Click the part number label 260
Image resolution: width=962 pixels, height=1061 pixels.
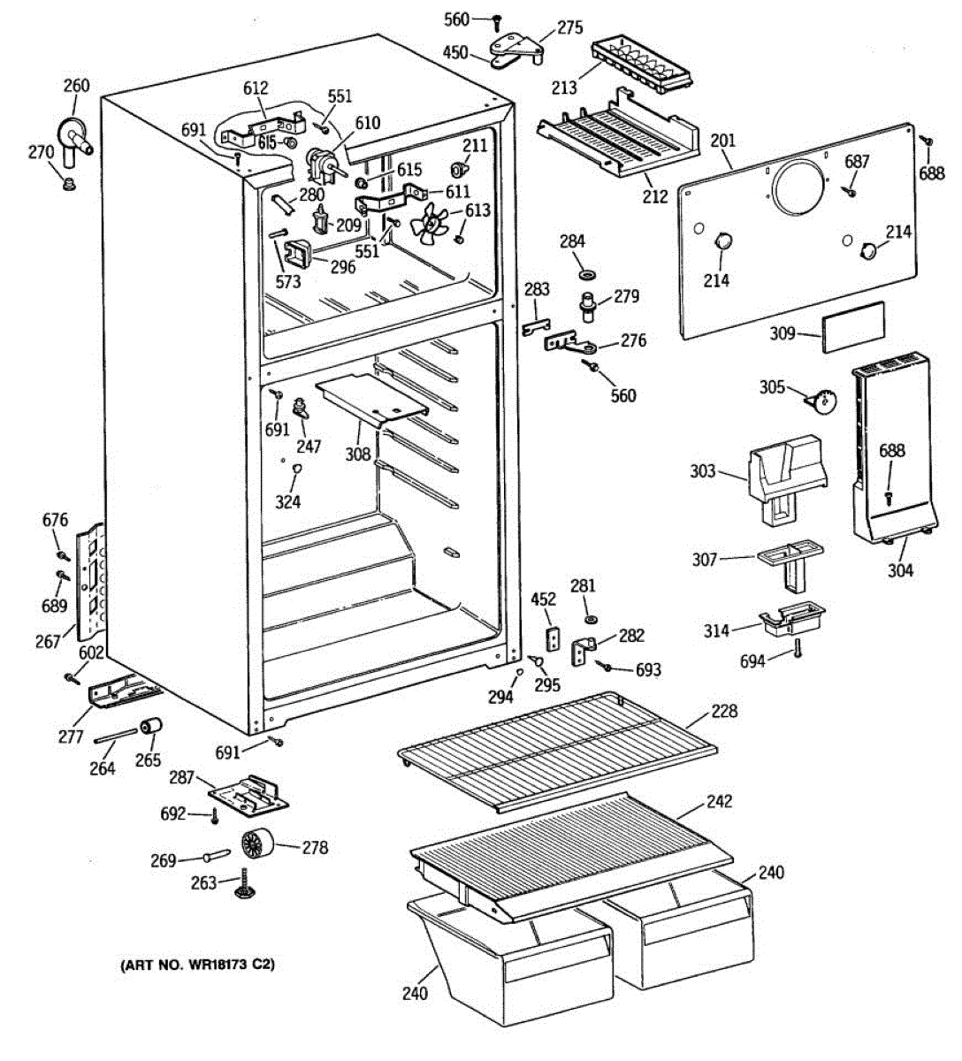click(77, 86)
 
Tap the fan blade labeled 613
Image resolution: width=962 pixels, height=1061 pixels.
click(430, 225)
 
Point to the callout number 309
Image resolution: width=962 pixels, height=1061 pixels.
click(783, 333)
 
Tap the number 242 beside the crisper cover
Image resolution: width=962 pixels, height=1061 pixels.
click(719, 801)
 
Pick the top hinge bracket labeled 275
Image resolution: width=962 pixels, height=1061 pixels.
click(515, 50)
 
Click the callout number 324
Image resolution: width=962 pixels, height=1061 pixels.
click(288, 501)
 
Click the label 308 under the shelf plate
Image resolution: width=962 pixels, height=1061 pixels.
click(358, 454)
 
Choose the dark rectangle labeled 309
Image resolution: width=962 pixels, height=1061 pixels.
click(853, 327)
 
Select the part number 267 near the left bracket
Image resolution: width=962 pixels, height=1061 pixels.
click(48, 642)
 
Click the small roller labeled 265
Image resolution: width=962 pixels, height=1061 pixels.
click(150, 727)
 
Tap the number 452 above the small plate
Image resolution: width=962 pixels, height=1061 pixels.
click(544, 599)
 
